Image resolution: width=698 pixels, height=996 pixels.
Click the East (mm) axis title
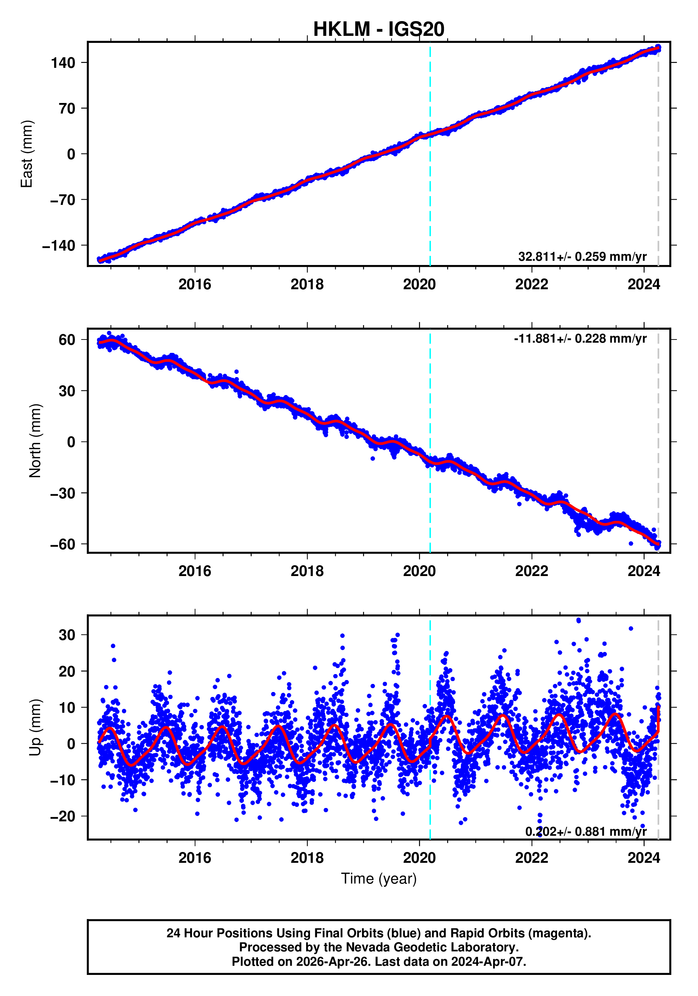click(27, 154)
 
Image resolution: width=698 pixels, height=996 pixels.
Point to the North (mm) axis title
click(35, 441)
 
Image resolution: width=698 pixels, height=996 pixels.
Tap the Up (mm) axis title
click(35, 727)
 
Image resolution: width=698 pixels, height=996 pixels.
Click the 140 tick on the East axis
click(63, 63)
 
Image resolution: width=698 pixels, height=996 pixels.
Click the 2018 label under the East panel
click(307, 285)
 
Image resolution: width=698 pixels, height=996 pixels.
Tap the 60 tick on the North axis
click(67, 339)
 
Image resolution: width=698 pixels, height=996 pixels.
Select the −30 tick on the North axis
click(63, 493)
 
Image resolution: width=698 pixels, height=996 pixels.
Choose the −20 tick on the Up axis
click(63, 816)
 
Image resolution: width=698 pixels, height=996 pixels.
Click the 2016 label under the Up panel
click(195, 858)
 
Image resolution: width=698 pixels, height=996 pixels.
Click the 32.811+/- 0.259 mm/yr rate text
click(582, 257)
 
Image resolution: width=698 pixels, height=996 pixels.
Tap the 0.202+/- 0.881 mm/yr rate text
click(586, 832)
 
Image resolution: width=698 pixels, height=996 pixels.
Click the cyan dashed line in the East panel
click(430, 174)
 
